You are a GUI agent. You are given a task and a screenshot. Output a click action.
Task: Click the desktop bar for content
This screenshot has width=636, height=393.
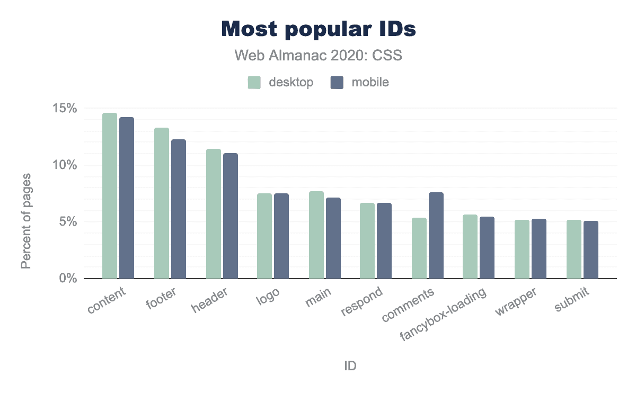[x=110, y=195]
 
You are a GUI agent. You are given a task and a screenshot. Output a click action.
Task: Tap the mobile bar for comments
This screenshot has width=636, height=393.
[x=436, y=235]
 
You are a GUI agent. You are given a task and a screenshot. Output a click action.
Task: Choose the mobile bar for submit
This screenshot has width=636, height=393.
[x=591, y=249]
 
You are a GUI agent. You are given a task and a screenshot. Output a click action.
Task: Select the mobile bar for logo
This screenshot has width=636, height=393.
[x=281, y=236]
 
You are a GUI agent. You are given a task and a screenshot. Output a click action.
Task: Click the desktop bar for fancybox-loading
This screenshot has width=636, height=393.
[x=470, y=246]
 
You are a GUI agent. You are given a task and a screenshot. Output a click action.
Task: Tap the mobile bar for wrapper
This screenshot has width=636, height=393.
[x=539, y=248]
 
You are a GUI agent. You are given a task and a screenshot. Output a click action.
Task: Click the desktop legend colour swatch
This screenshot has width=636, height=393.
[x=254, y=83]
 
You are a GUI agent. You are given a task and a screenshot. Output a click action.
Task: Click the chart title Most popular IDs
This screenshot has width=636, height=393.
[x=318, y=30]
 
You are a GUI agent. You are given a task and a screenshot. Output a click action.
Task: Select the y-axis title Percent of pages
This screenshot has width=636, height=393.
[x=25, y=220]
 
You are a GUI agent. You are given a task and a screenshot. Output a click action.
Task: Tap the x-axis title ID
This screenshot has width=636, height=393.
[x=350, y=366]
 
